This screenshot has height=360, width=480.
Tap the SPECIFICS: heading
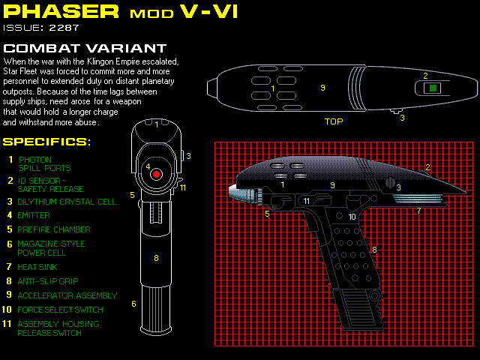coord(46,141)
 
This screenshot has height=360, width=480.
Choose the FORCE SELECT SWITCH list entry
coord(61,309)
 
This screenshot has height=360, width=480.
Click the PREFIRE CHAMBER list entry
coord(54,229)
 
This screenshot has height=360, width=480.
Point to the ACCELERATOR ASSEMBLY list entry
coord(67,295)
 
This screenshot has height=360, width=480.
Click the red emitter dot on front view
coord(156,173)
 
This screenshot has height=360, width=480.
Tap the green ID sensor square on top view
coord(432,88)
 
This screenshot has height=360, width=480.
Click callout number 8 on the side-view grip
coord(373,249)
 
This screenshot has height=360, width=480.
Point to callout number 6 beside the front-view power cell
coord(133,304)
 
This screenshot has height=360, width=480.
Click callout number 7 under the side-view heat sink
coord(418,211)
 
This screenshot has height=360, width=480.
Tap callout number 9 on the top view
coord(322,88)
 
